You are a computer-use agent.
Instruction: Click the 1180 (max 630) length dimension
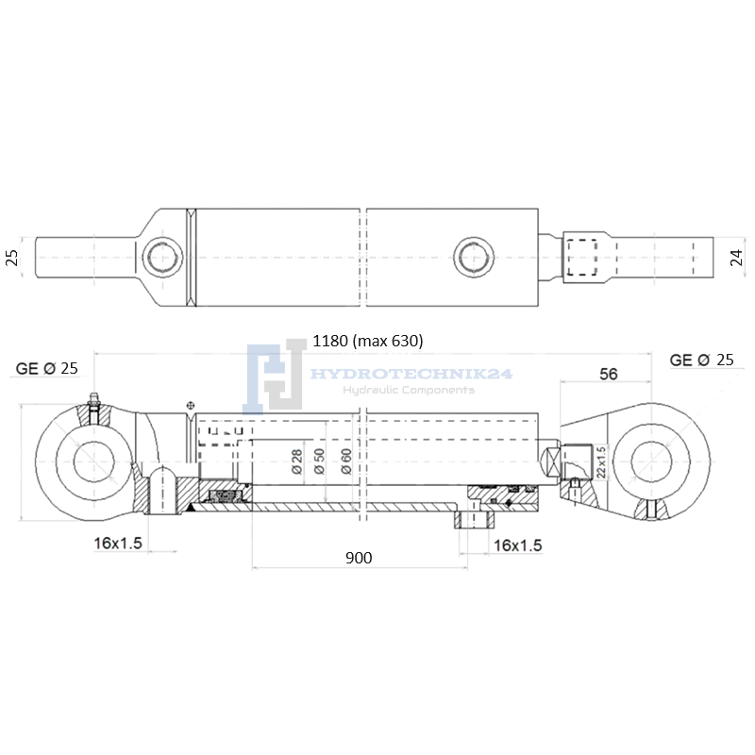368,341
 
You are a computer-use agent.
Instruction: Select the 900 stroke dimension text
359,558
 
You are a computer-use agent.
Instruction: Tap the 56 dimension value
608,374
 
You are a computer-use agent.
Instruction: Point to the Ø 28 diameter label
297,461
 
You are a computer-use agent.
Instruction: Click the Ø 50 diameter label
319,461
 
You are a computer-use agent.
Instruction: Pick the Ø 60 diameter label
346,461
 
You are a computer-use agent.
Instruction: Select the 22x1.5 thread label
601,462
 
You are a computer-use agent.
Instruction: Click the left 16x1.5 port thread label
118,544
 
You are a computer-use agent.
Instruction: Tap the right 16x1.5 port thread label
518,545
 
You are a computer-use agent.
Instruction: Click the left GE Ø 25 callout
46,368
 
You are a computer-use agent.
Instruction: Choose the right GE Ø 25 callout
701,360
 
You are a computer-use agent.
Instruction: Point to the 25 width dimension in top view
11,258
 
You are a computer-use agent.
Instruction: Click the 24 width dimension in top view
737,258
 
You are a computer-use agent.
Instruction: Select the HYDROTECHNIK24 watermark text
411,374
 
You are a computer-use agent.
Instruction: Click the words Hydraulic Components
409,390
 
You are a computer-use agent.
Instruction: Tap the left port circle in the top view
162,257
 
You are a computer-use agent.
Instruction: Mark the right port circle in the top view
474,257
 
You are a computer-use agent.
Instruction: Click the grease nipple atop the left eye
93,399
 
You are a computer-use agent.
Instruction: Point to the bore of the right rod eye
651,461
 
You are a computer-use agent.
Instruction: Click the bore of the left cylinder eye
93,461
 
